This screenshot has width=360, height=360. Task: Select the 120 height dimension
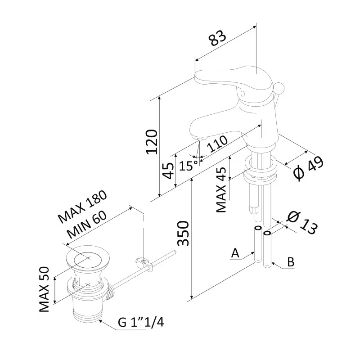pos(153,142)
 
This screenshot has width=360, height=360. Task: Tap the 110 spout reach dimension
pos(217,144)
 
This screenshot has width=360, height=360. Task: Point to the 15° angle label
pos(188,165)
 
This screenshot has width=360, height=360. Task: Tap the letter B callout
pos(291,262)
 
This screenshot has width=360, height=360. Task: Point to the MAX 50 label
pos(44,291)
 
